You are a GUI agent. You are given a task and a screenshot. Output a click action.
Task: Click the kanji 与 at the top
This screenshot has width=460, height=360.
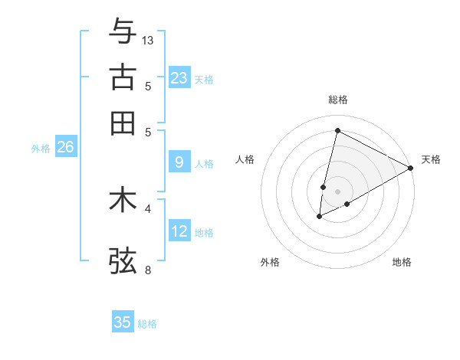coord(123,31)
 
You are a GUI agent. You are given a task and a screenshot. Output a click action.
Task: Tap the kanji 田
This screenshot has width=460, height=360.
coord(123,122)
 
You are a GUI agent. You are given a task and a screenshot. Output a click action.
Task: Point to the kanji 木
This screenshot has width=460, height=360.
coord(123,200)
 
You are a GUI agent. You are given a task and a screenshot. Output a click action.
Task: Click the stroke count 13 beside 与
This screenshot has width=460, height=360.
coord(149,40)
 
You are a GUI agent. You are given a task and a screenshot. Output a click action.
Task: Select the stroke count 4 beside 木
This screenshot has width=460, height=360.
coord(148,208)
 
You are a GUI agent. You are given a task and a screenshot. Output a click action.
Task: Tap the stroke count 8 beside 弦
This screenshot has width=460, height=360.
coord(148,270)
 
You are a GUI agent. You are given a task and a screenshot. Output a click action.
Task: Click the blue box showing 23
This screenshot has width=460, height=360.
coord(179,77)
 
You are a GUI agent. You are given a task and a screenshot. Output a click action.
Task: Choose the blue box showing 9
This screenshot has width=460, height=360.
coord(179,162)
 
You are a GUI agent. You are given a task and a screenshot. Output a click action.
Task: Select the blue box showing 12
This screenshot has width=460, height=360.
coord(179,231)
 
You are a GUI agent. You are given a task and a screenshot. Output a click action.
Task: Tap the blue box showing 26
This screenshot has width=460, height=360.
coord(65,147)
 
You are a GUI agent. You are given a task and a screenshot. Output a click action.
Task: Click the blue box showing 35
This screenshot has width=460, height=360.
coord(123,322)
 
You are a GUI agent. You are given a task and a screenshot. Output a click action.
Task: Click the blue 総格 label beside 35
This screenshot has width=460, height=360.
coord(147,324)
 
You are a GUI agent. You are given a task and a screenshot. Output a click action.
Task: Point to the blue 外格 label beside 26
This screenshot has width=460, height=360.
coord(40,149)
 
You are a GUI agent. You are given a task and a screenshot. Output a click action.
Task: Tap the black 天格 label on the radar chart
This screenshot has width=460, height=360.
coord(431,159)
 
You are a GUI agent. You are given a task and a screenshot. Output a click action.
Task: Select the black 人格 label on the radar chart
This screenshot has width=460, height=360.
coord(245,159)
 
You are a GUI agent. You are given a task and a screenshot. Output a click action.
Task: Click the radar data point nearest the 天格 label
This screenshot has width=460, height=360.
coord(411,169)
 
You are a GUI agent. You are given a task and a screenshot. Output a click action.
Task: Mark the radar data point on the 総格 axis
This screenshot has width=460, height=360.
coord(337,130)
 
